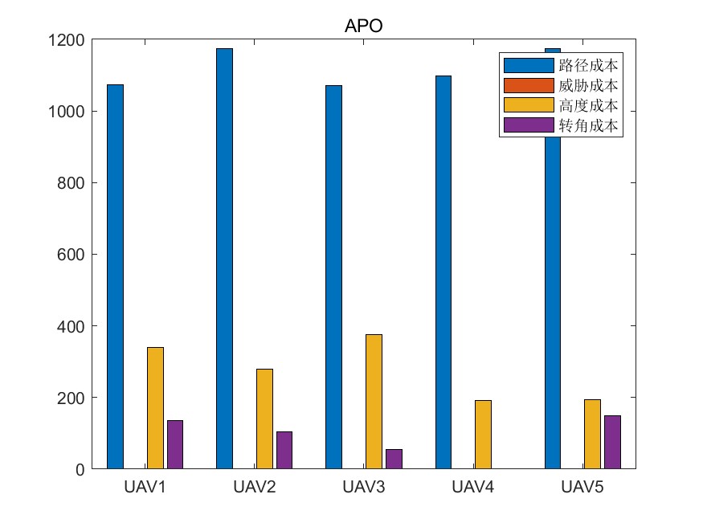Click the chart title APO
[x=364, y=26]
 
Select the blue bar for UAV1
[x=115, y=276]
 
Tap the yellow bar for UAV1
[x=155, y=408]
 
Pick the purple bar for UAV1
[x=175, y=444]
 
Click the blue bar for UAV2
[x=224, y=259]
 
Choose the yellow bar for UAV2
[x=264, y=419]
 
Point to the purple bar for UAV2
[x=284, y=450]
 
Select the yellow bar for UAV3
[x=374, y=402]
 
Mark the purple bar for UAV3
[x=394, y=459]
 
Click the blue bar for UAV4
[x=443, y=272]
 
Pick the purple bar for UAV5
[x=612, y=442]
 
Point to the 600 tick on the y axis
[x=72, y=255]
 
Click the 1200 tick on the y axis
[x=68, y=40]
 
